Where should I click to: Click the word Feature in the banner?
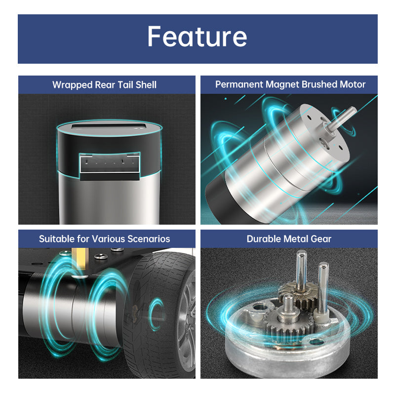coord(197,37)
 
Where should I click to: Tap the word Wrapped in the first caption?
coord(73,85)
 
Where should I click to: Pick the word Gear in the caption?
coord(321,239)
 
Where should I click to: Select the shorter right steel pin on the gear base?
coord(323,286)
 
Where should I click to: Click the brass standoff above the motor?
coord(79,258)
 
